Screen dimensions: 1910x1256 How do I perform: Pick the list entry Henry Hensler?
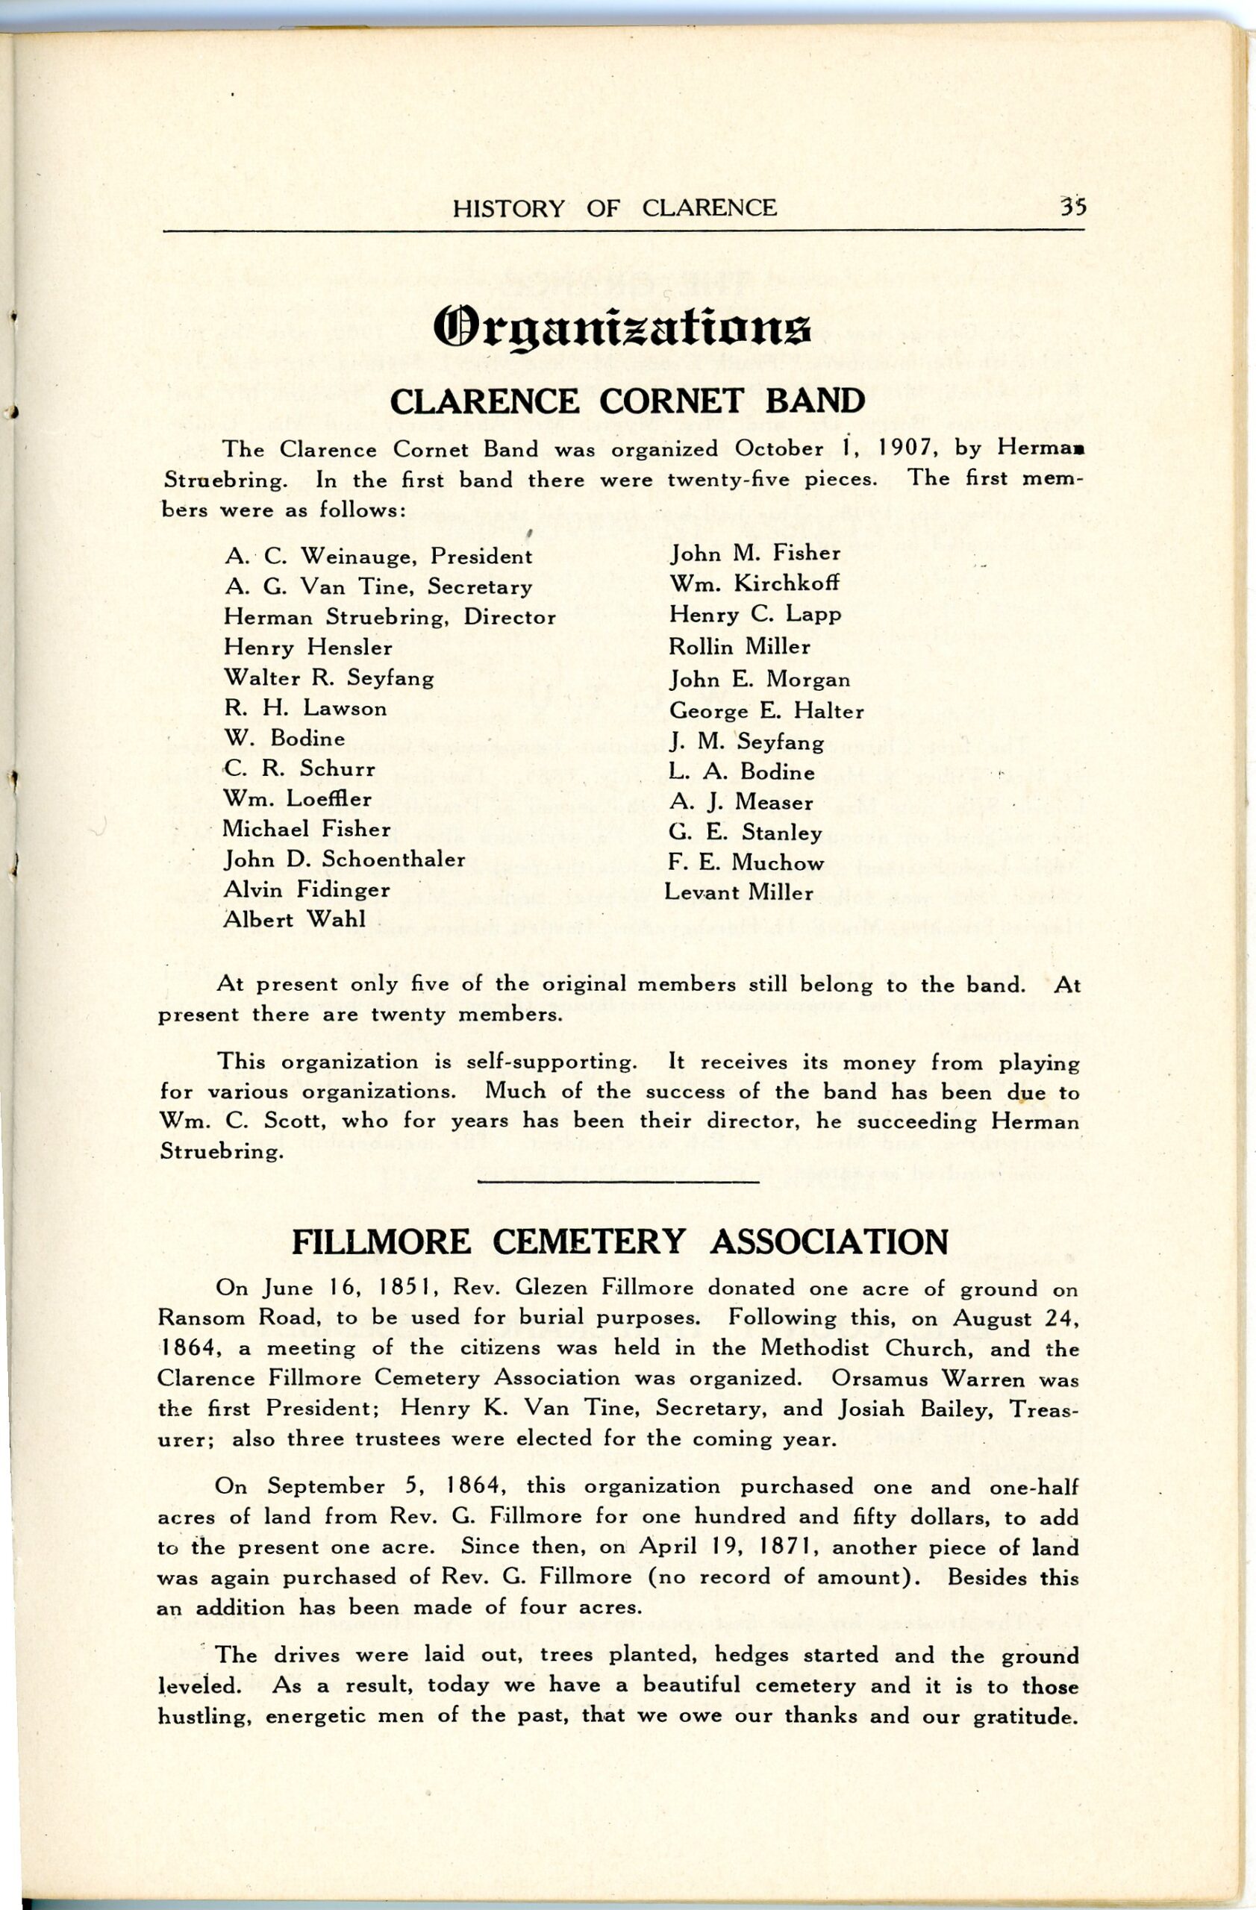coord(308,648)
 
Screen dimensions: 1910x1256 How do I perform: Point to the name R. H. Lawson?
coord(305,708)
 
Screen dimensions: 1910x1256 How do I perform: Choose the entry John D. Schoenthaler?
coord(344,859)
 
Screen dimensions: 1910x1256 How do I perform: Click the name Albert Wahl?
coord(294,921)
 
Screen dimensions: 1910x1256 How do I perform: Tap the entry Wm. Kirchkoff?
coord(754,584)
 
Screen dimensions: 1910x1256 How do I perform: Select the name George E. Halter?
coord(766,711)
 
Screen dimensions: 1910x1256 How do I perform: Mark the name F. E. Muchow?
coord(746,862)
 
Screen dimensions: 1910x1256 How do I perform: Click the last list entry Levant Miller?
coord(739,892)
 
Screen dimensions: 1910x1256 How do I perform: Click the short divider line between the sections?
coord(618,1181)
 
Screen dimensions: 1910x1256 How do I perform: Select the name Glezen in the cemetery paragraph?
coord(552,1289)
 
